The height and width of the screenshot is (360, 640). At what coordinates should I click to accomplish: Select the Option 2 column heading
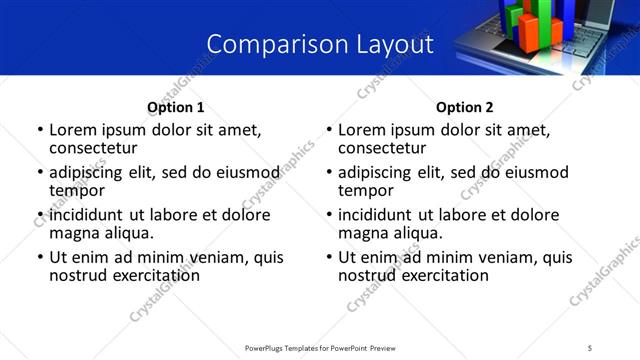point(464,107)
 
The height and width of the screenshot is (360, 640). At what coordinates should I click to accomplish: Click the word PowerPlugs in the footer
point(267,348)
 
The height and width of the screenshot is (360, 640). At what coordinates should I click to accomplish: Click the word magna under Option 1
point(74,233)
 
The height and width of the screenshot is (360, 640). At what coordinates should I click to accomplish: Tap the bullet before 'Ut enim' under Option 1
point(40,258)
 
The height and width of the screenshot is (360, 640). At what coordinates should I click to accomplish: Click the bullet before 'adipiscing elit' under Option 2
point(329,172)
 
